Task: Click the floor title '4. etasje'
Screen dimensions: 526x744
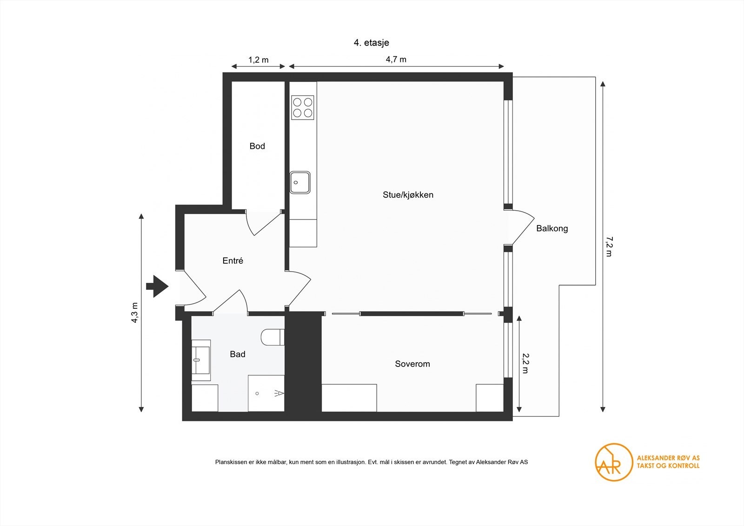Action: (x=371, y=43)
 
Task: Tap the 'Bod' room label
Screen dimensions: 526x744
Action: (x=257, y=146)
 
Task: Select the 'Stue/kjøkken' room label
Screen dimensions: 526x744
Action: (x=408, y=195)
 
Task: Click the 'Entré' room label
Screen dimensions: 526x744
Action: (x=232, y=261)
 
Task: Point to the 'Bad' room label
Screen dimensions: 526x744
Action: (x=237, y=354)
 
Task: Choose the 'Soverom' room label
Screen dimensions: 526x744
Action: (x=412, y=364)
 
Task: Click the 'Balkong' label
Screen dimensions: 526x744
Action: (x=551, y=228)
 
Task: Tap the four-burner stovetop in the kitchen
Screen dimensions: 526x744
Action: (x=302, y=107)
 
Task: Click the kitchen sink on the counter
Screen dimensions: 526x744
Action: (x=300, y=182)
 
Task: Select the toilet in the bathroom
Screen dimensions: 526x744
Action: (x=272, y=337)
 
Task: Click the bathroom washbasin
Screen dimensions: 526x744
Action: (x=201, y=357)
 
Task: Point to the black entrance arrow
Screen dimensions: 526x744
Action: (x=157, y=286)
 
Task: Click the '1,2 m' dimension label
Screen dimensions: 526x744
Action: (x=258, y=60)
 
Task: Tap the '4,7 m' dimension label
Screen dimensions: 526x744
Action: (x=396, y=60)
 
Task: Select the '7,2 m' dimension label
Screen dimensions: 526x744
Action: (x=609, y=246)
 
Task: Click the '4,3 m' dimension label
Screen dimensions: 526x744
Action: (x=135, y=313)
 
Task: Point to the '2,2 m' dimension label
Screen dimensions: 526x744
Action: (x=525, y=363)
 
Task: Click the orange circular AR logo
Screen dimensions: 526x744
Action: (x=614, y=462)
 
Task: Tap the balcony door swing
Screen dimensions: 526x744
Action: (x=522, y=227)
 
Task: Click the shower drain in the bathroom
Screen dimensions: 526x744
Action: (x=257, y=393)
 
